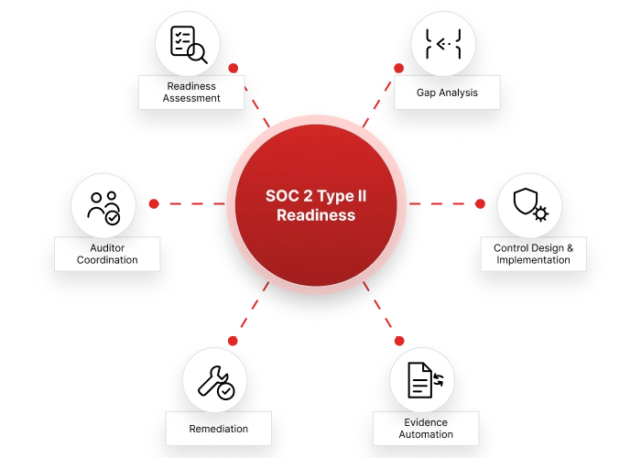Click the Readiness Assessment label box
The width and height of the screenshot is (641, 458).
191,93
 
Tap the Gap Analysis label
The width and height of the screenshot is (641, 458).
447,93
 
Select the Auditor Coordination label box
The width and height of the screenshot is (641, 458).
107,254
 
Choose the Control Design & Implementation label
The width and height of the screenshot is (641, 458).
534,254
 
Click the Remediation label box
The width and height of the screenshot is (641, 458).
219,429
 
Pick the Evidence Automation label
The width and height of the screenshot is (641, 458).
426,429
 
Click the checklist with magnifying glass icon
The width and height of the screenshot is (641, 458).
189,45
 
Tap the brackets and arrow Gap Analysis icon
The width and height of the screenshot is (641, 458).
443,44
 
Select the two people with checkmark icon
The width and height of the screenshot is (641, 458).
103,208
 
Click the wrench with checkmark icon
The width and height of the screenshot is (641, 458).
216,382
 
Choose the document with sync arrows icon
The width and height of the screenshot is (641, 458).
426,380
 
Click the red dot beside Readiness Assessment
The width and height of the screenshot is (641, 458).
234,68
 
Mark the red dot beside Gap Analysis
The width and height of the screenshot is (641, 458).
399,68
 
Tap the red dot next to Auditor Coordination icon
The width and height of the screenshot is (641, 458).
154,203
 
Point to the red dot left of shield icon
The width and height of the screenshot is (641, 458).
481,203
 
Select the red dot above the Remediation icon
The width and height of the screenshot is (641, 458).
233,341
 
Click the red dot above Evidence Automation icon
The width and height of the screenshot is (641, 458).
399,341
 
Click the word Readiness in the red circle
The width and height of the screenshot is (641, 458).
316,215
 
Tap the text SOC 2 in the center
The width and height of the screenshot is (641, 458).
289,196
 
